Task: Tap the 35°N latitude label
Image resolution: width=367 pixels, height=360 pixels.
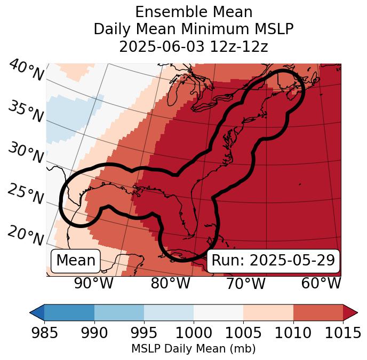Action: click(26, 111)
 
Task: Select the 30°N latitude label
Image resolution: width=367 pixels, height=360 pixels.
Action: click(25, 153)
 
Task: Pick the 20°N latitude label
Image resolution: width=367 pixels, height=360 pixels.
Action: click(26, 235)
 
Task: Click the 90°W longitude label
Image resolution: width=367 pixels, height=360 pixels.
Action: click(94, 284)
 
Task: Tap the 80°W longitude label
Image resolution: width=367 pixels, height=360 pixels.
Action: click(171, 284)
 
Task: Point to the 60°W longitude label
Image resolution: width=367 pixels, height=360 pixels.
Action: click(321, 284)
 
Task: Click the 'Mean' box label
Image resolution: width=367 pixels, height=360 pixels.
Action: click(76, 261)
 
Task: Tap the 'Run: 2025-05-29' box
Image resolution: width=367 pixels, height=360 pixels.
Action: click(273, 261)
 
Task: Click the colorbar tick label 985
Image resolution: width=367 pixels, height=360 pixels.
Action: click(44, 333)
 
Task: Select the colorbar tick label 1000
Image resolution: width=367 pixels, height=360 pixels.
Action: click(194, 333)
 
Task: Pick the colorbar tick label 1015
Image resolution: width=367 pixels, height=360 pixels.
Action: click(343, 333)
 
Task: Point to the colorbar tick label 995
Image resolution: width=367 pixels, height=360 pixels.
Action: click(143, 333)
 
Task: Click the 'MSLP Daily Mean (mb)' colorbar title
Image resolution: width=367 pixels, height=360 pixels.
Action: click(193, 349)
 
